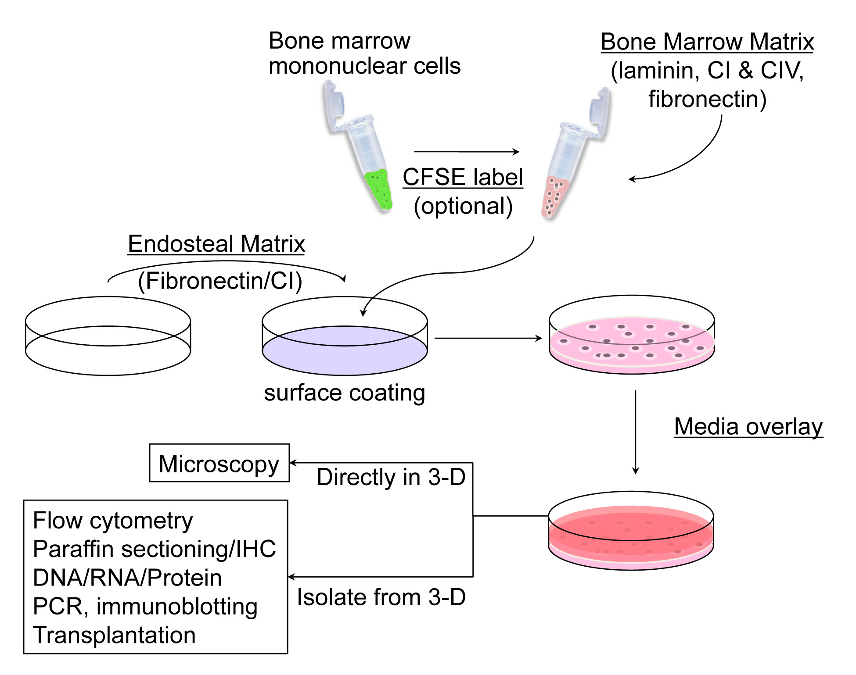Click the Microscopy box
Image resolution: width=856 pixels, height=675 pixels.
[x=219, y=463]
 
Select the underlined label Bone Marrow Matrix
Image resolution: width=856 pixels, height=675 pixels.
[x=707, y=42]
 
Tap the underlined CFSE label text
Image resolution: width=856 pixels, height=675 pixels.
[x=463, y=177]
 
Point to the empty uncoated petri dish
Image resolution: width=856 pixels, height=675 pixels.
[x=108, y=336]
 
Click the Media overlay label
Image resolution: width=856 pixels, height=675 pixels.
[x=748, y=427]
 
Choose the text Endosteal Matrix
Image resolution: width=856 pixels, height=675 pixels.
[x=216, y=244]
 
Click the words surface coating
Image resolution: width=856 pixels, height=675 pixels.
[x=345, y=393]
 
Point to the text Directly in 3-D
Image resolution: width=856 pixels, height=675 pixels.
[x=391, y=477]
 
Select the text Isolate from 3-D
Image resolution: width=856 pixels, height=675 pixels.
[x=381, y=597]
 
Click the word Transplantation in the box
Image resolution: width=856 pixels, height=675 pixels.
[x=114, y=635]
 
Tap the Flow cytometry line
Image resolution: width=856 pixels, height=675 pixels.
[x=113, y=521]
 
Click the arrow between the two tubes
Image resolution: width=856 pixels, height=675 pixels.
[x=466, y=152]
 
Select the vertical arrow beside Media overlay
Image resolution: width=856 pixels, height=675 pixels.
[x=635, y=432]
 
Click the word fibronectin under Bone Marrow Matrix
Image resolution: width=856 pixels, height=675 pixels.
[x=707, y=99]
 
